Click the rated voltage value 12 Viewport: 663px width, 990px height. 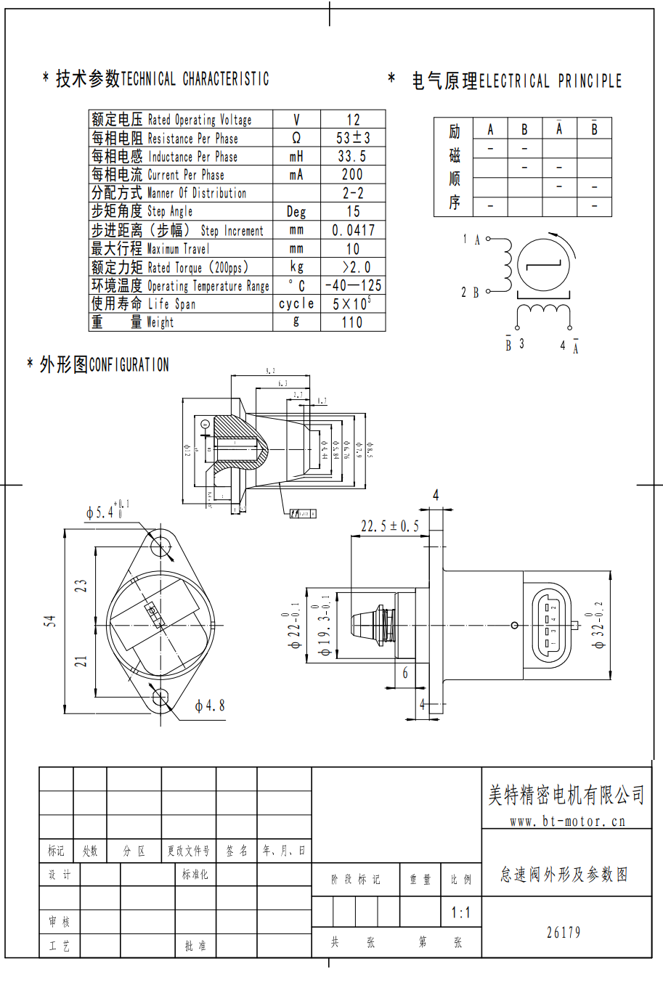353,120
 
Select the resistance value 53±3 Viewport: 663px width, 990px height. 353,138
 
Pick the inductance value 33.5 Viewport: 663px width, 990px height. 352,156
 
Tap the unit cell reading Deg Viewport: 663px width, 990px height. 296,212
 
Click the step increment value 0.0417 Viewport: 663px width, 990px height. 353,230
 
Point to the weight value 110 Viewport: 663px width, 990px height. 352,322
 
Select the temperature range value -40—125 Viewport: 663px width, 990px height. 353,285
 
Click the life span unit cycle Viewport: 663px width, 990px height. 296,303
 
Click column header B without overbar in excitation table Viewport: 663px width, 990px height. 524,130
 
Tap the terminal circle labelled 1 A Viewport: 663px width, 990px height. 488,239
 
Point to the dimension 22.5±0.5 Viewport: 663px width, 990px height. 390,525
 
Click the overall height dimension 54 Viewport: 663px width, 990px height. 49,621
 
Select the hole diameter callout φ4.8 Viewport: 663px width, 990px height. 210,705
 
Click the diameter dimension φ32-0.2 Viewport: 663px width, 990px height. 598,625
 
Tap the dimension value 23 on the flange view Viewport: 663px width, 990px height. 81,585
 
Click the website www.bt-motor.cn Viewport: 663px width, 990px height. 567,822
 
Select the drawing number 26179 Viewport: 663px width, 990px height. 564,933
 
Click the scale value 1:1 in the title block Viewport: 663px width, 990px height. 461,913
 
